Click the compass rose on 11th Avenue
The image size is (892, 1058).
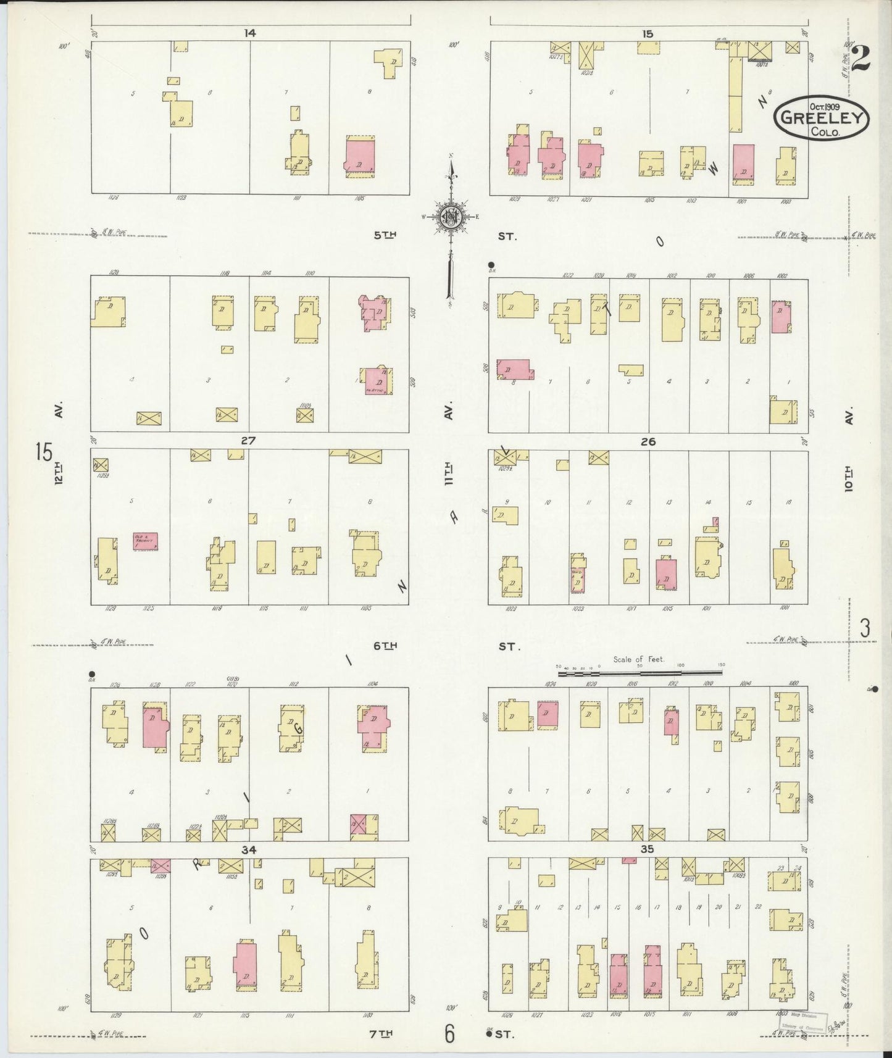[450, 215]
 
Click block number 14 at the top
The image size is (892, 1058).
[249, 33]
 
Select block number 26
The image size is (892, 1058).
[648, 441]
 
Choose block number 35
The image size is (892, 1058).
[647, 849]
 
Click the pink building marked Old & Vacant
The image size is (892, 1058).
[145, 542]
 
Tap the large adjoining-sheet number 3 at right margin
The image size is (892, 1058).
[865, 628]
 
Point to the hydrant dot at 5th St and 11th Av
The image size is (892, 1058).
[491, 264]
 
